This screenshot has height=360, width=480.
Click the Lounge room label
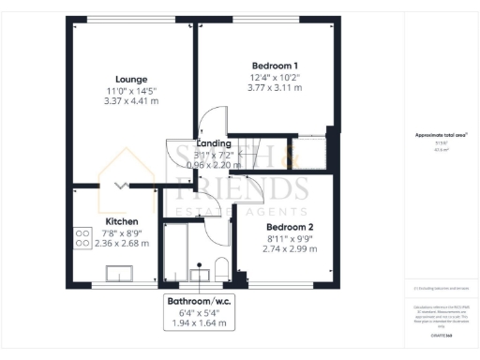130,79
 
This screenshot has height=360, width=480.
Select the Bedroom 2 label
290,227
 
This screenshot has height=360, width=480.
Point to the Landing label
214,143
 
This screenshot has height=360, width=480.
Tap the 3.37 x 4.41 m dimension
130,102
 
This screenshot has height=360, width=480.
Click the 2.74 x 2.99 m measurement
290,249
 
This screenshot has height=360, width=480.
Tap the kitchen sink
119,273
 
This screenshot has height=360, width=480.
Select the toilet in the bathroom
222,269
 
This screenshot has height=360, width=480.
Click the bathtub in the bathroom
174,251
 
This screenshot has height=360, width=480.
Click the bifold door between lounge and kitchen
120,185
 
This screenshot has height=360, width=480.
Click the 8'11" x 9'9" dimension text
290,238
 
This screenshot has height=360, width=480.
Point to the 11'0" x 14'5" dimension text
130,91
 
